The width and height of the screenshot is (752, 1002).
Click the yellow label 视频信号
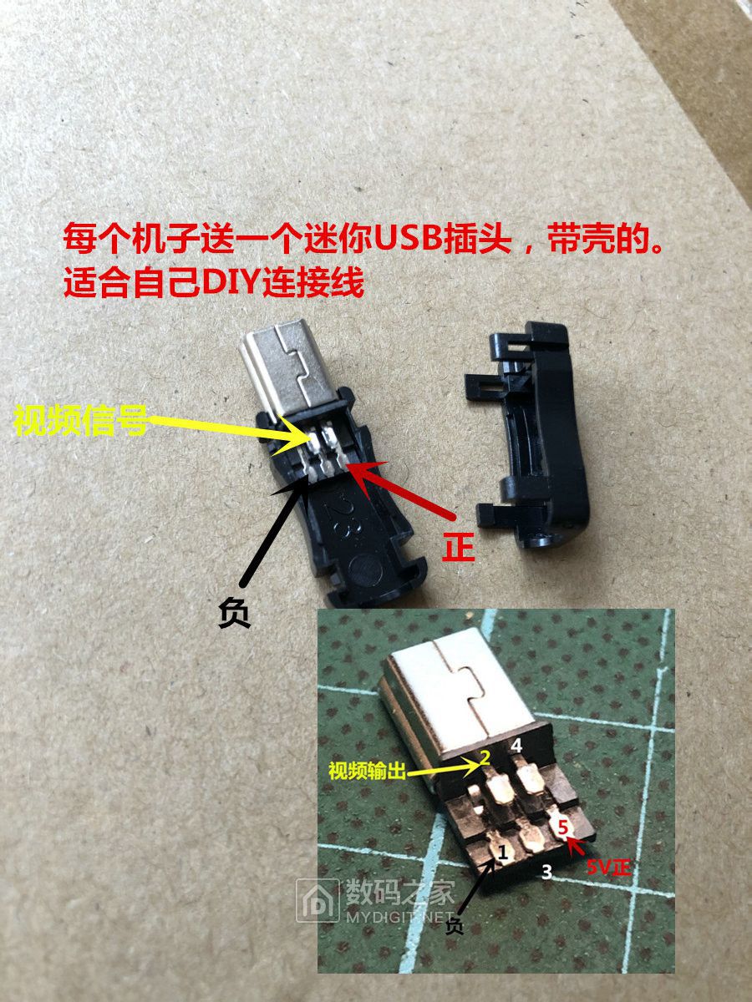(81, 420)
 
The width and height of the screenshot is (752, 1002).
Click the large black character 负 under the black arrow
(234, 613)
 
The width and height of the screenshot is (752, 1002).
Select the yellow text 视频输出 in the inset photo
(367, 771)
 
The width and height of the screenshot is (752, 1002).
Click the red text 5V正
(608, 867)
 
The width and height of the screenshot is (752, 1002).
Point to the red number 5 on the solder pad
(562, 827)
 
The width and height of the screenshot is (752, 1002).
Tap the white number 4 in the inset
(516, 745)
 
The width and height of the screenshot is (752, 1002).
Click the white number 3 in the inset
(546, 872)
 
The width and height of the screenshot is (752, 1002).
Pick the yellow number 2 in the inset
(485, 758)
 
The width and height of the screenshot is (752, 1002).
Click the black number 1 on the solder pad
(503, 852)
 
